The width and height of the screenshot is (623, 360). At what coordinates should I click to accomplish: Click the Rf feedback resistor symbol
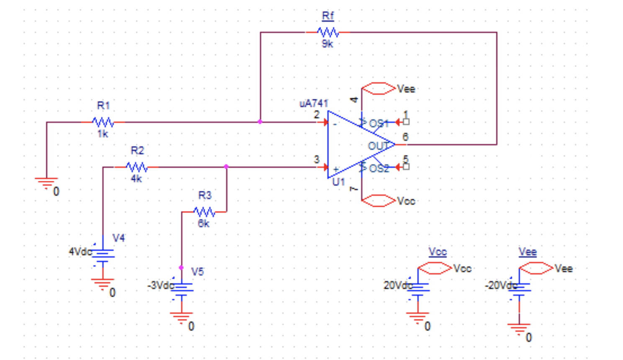point(328,32)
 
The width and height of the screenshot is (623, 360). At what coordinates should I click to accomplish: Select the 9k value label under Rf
point(327,44)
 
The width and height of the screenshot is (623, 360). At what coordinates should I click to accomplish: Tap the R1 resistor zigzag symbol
point(103,122)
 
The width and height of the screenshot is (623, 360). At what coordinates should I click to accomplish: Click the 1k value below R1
point(103,134)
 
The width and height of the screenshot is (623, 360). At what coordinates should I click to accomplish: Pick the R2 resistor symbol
point(137,167)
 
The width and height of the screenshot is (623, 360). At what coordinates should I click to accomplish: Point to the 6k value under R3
point(203,224)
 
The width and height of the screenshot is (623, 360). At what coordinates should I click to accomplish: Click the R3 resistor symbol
point(204,212)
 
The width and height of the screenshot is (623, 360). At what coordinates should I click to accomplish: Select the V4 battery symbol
point(103,255)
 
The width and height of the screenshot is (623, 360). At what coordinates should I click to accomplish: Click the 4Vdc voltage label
point(80,252)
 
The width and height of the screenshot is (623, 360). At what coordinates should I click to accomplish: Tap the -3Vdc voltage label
point(160,285)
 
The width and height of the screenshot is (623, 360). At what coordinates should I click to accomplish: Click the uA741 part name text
point(314,103)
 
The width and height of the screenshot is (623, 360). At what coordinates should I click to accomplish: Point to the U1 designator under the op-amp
point(338,182)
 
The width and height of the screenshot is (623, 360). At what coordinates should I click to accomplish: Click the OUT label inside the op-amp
point(378,146)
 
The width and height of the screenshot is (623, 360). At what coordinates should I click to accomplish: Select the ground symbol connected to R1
point(46,183)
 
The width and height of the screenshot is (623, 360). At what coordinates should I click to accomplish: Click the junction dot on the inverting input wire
point(260,122)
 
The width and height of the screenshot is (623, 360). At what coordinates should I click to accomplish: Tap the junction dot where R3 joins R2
point(226,167)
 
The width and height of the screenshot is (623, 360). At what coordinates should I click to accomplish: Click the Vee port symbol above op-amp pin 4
point(378,88)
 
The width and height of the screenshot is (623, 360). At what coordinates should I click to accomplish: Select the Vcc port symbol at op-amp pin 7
point(378,201)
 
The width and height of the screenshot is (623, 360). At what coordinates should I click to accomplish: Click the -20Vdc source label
point(500,285)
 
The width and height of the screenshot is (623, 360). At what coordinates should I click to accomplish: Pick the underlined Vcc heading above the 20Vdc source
point(437,252)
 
